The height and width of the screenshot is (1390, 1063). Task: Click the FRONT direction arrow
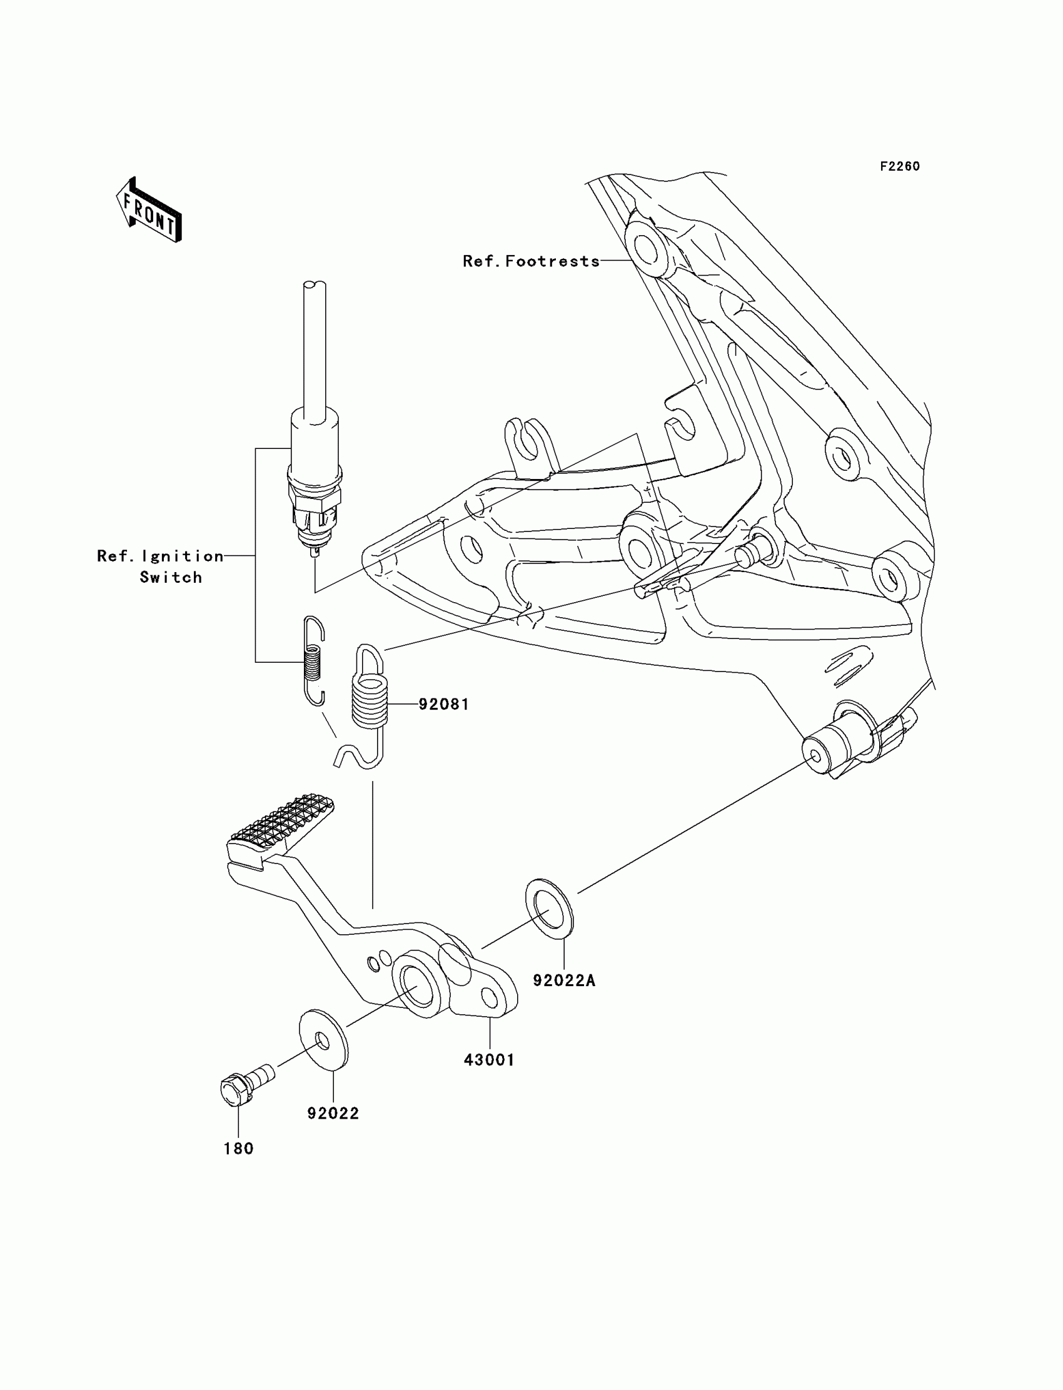[x=149, y=211]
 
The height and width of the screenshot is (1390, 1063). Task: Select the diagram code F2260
[x=900, y=166]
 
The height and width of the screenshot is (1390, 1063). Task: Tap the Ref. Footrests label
[x=531, y=261]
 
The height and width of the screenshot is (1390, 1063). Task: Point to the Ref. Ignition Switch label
[x=160, y=567]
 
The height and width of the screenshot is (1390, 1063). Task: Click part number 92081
[x=443, y=704]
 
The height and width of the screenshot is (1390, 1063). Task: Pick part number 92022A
[x=565, y=980]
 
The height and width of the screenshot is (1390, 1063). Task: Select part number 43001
[x=489, y=1060]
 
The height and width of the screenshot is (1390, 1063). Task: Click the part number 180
[x=238, y=1148]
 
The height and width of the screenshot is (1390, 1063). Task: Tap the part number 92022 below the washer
[x=333, y=1114]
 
